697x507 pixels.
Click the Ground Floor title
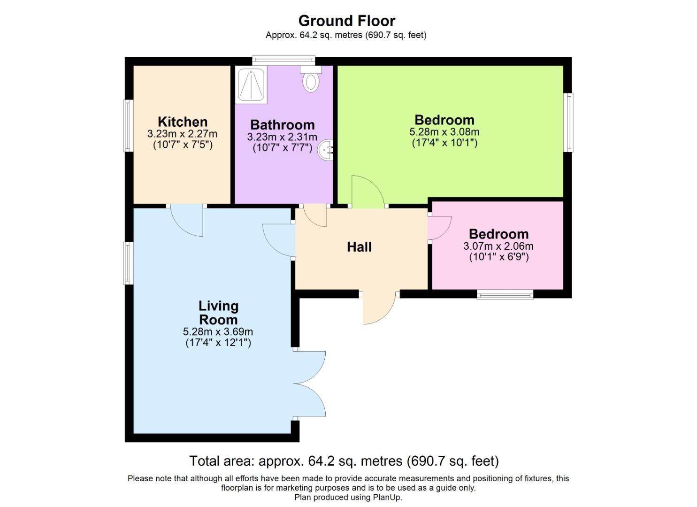coord(347,21)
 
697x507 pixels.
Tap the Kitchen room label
coord(183,122)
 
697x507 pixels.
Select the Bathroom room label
coord(282,124)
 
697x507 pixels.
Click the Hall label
coord(359,246)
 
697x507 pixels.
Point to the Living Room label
coord(218,313)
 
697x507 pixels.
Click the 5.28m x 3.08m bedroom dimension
coord(444,132)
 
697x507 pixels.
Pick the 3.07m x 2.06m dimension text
coord(498,246)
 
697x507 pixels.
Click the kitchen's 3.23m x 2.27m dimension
coord(183,134)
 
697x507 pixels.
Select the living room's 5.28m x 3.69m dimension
coord(218,332)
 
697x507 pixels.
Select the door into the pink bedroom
coord(439,228)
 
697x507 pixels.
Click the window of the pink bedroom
coord(505,294)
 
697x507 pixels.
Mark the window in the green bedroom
coord(569,122)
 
